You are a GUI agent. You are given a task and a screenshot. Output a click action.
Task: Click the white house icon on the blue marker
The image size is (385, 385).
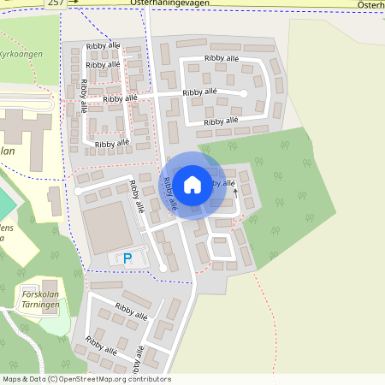(x=192, y=183)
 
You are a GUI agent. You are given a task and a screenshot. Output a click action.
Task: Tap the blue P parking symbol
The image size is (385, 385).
(x=127, y=258)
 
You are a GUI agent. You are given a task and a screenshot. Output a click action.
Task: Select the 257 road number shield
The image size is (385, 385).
(x=55, y=3)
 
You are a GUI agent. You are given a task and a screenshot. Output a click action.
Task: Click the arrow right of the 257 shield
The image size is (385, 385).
(x=74, y=3)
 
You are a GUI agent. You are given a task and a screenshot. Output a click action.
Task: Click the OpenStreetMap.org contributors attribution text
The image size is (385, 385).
(x=111, y=379)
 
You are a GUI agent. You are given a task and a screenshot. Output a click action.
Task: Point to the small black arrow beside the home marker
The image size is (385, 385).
(x=235, y=194)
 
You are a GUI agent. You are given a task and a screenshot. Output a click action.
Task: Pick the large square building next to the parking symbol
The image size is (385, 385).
(x=107, y=227)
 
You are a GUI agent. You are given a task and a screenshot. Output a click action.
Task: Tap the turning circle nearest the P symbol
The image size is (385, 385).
(x=163, y=269)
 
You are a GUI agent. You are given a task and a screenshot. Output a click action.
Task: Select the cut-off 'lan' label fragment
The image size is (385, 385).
(x=9, y=151)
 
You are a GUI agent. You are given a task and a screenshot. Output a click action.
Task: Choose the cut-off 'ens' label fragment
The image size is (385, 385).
(x=6, y=228)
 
